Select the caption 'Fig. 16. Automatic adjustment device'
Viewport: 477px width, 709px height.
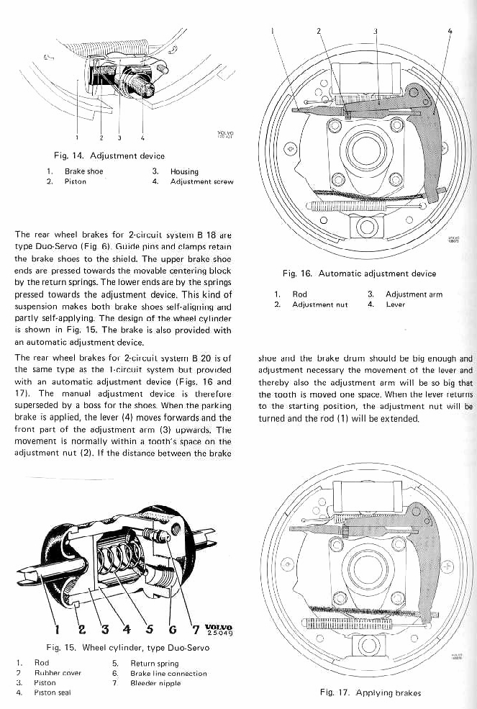point(360,274)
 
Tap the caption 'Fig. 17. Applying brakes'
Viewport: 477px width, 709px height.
point(370,693)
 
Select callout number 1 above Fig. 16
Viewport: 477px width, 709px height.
point(273,31)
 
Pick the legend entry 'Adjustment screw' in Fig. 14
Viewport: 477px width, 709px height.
point(202,182)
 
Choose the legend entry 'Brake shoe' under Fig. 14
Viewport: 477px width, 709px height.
point(84,171)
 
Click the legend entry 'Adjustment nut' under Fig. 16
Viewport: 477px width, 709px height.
point(320,304)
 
